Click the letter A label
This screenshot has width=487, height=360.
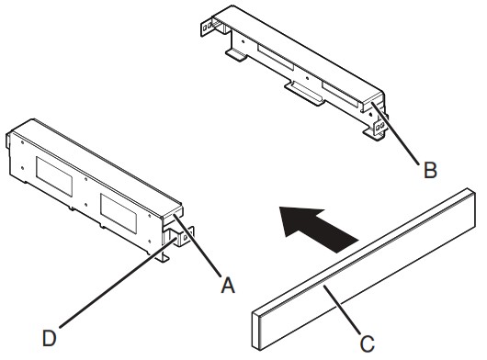pos(228,286)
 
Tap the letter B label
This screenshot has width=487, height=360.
pos(430,170)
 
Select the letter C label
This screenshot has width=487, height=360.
pos(368,343)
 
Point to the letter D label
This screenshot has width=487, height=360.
pos(50,338)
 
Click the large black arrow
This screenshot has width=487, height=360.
pos(317,228)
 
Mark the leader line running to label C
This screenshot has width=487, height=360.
pos(342,310)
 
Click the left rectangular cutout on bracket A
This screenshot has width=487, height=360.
pos(54,177)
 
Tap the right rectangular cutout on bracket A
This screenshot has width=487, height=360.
pos(119,213)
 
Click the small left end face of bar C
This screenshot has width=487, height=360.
pos(256,331)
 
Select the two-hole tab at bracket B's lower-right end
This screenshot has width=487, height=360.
pos(379,126)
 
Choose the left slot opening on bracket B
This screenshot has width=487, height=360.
pos(275,57)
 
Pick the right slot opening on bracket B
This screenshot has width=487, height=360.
pos(342,95)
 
